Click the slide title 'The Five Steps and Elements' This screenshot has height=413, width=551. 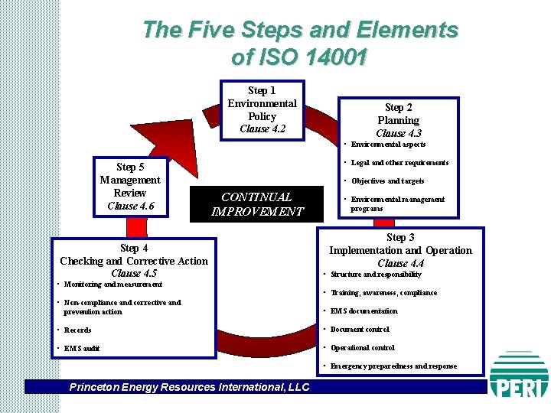pos(300,31)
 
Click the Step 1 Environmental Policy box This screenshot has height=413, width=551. pos(262,110)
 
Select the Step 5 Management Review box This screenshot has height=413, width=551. pos(130,187)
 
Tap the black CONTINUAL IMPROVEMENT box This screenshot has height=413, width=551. pos(256,204)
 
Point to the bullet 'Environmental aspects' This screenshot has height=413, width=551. pos(388,145)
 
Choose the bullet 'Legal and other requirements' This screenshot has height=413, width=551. pos(399,163)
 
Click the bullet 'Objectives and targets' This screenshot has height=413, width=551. pos(387,181)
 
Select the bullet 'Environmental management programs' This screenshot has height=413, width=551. pos(397,203)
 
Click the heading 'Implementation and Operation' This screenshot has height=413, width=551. pos(400,250)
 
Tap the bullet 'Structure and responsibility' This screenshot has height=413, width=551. pos(376,275)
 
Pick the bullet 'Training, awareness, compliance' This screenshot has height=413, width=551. pos(383,293)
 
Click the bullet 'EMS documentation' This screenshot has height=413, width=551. pos(364,311)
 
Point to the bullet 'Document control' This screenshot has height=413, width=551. pos(360,330)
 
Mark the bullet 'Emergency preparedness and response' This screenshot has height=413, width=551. pos(393,366)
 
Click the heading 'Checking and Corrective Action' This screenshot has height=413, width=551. pos(134,261)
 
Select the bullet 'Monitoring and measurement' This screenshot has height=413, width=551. pos(112,285)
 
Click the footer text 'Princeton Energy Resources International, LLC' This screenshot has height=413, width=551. pos(189,387)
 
